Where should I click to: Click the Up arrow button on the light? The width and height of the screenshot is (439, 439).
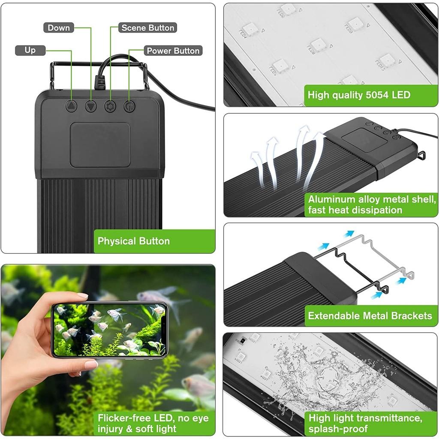(71, 106)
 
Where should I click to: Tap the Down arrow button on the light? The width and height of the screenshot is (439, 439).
(91, 106)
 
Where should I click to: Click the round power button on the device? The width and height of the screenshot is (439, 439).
(129, 106)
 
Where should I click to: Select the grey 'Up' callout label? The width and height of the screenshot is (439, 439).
(30, 50)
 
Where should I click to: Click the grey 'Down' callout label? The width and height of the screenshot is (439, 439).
(59, 28)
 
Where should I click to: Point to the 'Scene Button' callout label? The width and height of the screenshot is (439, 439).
(148, 28)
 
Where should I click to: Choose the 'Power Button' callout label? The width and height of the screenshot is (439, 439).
(173, 51)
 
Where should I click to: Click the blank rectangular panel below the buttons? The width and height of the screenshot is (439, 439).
(100, 145)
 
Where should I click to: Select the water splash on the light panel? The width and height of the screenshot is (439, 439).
(326, 377)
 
